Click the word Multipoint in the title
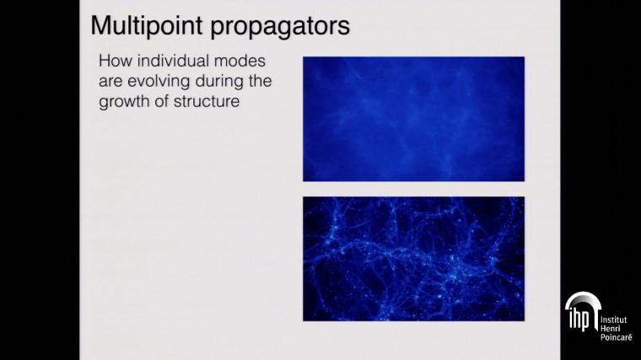139,25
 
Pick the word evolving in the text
157,81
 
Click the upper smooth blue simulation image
413,118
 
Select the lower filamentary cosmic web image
413,258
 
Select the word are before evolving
110,81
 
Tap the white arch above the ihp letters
581,299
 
